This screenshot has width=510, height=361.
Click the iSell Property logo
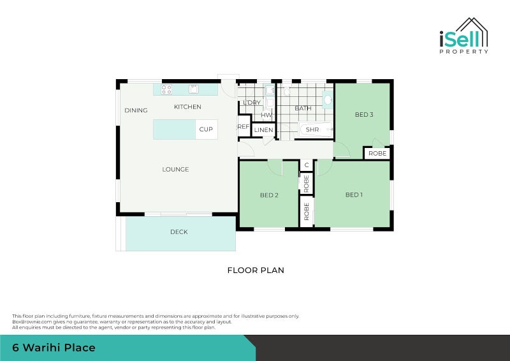click(463, 36)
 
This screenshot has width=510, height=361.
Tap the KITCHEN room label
click(187, 107)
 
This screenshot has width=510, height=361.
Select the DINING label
click(136, 110)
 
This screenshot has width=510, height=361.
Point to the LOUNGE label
click(175, 170)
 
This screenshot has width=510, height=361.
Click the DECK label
click(179, 232)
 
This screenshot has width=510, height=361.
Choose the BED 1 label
click(354, 195)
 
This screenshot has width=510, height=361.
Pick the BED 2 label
click(269, 195)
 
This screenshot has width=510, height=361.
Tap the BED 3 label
click(364, 115)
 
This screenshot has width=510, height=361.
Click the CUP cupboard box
click(206, 129)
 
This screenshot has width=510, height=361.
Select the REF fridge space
click(244, 127)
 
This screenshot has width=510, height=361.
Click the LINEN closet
click(264, 130)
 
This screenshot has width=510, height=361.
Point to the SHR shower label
click(312, 130)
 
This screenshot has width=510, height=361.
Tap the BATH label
click(303, 108)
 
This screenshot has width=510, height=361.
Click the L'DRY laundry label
click(251, 103)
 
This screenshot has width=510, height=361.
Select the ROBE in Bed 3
click(377, 154)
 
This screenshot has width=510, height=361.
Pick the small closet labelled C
click(307, 165)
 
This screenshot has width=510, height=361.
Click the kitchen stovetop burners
click(166, 89)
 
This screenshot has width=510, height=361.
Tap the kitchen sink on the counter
click(193, 89)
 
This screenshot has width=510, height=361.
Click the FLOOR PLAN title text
click(256, 270)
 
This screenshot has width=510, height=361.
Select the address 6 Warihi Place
click(54, 348)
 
